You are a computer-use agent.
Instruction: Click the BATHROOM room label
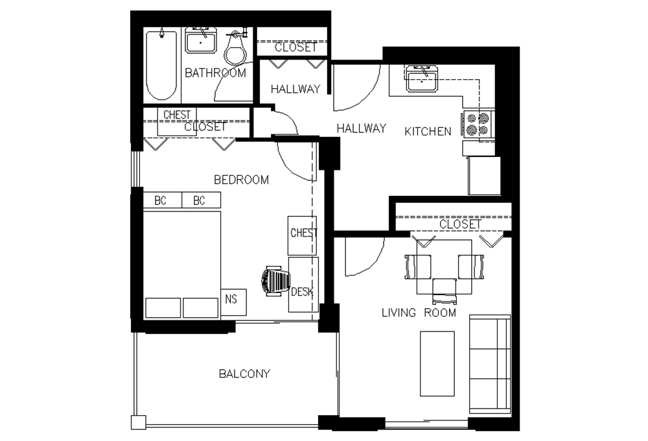[x=215, y=73]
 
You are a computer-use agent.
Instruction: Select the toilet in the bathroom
[x=236, y=48]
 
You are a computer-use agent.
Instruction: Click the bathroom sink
[x=200, y=41]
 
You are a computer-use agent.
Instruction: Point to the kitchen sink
[x=422, y=78]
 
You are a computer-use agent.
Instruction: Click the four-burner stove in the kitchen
[x=478, y=125]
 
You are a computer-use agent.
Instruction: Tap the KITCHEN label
[x=428, y=132]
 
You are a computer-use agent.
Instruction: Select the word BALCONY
[x=244, y=374]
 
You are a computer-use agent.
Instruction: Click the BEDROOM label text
[x=241, y=180]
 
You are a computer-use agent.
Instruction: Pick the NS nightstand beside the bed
[x=233, y=302]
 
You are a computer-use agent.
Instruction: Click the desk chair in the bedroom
[x=275, y=281]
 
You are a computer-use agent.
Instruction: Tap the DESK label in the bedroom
[x=302, y=292]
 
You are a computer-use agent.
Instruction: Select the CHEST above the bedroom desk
[x=303, y=235]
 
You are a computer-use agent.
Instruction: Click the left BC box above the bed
[x=163, y=200]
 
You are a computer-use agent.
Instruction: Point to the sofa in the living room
[x=490, y=364]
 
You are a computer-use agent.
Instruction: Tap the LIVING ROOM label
[x=419, y=313]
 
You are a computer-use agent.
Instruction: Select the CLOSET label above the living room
[x=460, y=224]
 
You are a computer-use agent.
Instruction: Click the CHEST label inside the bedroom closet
[x=177, y=115]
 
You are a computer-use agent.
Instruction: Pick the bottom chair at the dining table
[x=445, y=291]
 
